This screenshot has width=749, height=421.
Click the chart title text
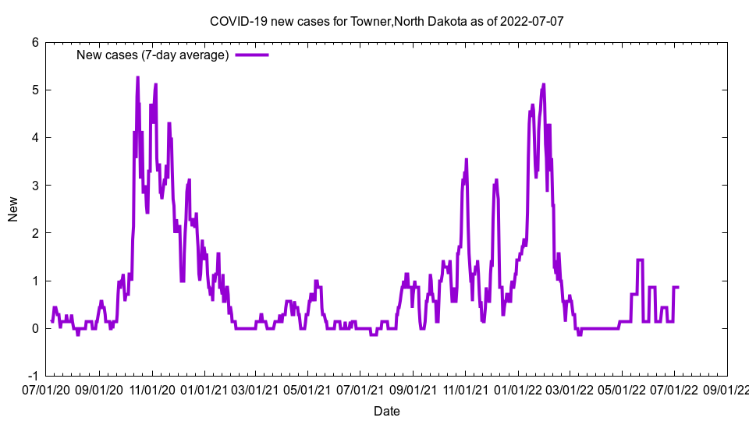pyautogui.click(x=386, y=21)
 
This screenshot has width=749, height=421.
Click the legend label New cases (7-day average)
pyautogui.click(x=152, y=55)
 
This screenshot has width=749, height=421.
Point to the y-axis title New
pyautogui.click(x=13, y=209)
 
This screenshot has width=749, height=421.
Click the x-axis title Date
pyautogui.click(x=387, y=411)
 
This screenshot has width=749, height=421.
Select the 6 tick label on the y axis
pyautogui.click(x=35, y=42)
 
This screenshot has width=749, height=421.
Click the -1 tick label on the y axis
pyautogui.click(x=33, y=376)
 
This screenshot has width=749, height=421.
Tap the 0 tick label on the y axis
pyautogui.click(x=35, y=328)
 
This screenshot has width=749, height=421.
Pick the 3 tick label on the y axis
pyautogui.click(x=35, y=186)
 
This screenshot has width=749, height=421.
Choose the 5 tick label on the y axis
pyautogui.click(x=35, y=90)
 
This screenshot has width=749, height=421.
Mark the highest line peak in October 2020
pyautogui.click(x=137, y=78)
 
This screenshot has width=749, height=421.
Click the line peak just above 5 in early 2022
pyautogui.click(x=543, y=84)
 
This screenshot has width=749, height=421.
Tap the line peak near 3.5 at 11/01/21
pyautogui.click(x=467, y=160)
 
